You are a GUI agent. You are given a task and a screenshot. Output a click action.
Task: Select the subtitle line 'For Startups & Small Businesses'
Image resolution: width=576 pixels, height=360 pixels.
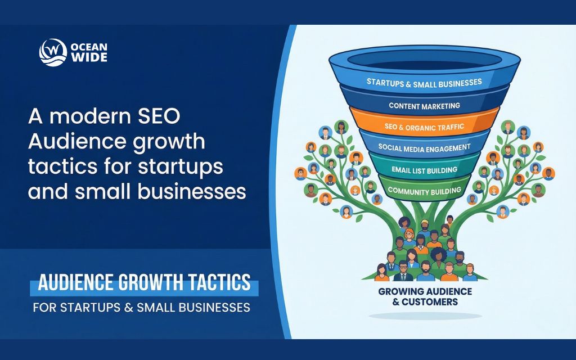141,308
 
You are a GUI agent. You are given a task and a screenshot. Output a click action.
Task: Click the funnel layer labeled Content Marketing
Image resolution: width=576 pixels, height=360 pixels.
424,105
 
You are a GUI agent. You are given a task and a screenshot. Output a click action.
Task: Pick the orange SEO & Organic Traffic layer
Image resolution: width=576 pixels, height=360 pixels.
424,127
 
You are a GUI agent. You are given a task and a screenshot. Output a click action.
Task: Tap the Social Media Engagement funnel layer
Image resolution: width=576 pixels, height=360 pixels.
424,147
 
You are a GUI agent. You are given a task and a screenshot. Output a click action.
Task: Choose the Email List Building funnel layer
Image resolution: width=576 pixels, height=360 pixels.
424,169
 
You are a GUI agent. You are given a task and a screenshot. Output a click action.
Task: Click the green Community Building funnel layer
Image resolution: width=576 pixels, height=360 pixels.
424,191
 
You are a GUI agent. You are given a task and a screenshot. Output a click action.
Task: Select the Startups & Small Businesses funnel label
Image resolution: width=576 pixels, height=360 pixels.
424,82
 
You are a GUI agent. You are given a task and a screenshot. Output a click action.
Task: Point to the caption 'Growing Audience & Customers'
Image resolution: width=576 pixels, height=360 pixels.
425,296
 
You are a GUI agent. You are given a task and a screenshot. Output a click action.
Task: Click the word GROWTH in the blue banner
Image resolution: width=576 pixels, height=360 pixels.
151,283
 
